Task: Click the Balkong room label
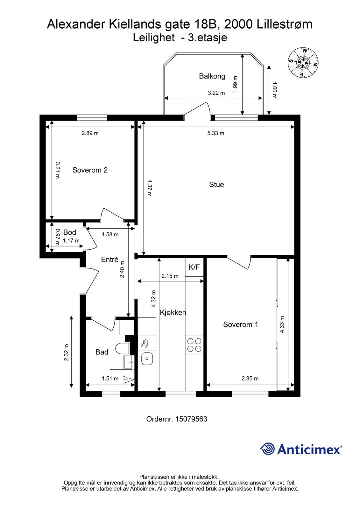click(x=212, y=76)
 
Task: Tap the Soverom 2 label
click(x=90, y=170)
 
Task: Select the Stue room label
click(x=216, y=185)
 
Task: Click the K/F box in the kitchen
click(x=194, y=267)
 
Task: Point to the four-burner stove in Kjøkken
click(x=194, y=345)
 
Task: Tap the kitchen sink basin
click(x=147, y=359)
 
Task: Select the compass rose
click(x=303, y=62)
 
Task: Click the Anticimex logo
click(x=301, y=450)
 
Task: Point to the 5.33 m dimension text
click(x=216, y=133)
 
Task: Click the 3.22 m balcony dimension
click(x=216, y=93)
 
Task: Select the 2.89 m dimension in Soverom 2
click(x=90, y=133)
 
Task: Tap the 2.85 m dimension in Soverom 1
click(x=250, y=378)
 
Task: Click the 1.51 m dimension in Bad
click(x=110, y=378)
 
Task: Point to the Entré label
click(x=109, y=260)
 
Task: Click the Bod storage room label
click(x=69, y=232)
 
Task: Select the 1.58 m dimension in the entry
click(x=110, y=234)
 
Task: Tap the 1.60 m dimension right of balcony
click(x=274, y=90)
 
